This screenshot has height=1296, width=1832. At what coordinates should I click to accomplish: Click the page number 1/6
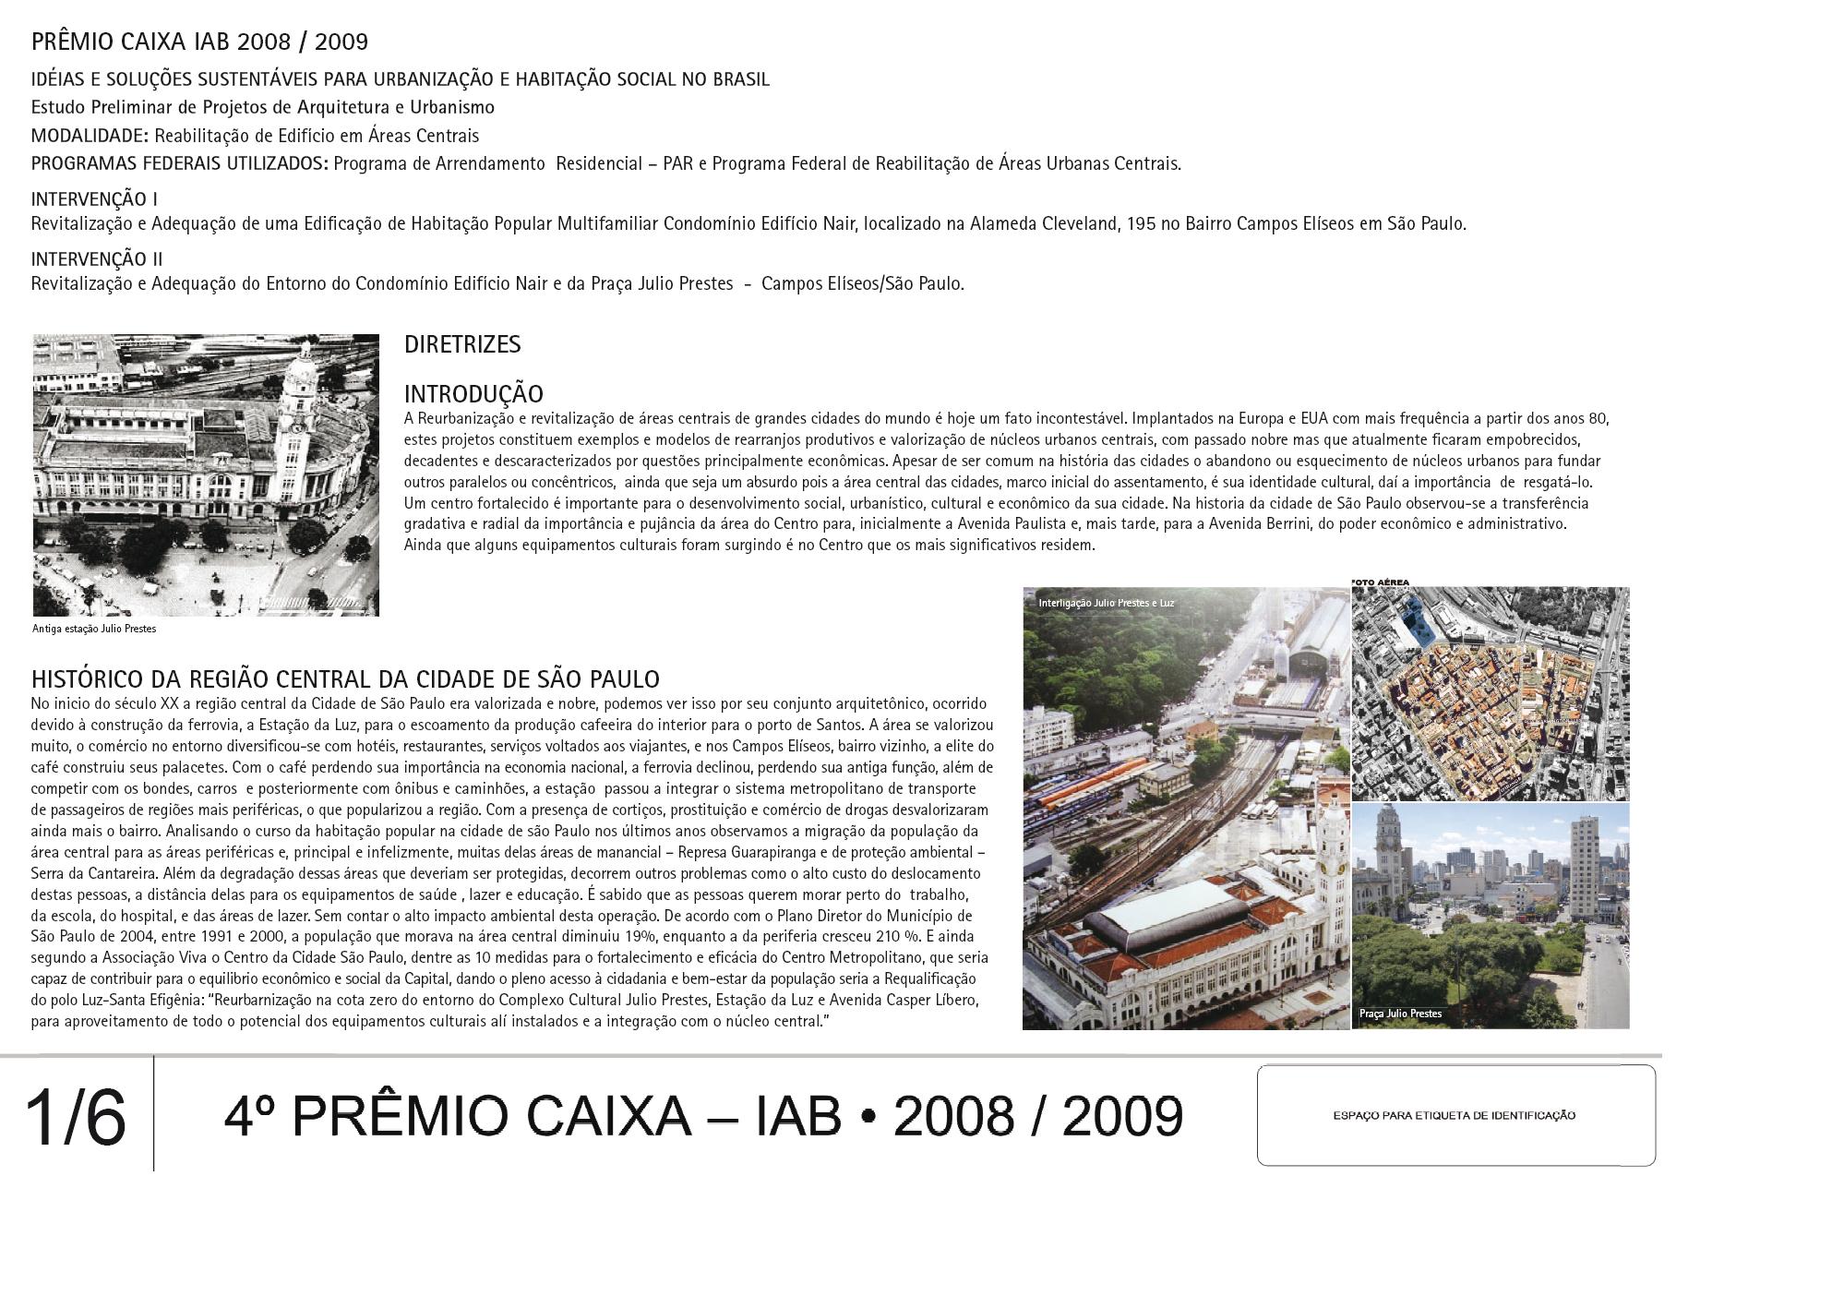point(76,1118)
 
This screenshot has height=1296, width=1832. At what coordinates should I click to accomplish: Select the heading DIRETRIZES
point(462,345)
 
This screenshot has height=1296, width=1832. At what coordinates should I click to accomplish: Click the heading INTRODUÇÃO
point(473,394)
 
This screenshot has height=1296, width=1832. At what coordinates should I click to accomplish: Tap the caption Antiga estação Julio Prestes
point(94,630)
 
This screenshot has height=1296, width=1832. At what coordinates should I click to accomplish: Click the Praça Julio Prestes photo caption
point(1400,1014)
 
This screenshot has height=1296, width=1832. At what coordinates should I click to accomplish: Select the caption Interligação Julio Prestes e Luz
point(1106,604)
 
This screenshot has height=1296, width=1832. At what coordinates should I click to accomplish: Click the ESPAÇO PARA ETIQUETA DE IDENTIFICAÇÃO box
point(1455,1115)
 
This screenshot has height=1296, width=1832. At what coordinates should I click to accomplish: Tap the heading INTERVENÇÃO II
point(97,259)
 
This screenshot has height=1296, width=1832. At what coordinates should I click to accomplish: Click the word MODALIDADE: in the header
point(90,136)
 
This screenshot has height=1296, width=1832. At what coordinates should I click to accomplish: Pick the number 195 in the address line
point(1141,224)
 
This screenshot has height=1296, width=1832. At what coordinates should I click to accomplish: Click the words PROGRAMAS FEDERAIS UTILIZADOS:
point(180,164)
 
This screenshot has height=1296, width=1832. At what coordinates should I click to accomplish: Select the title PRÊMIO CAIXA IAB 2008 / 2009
point(199,42)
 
